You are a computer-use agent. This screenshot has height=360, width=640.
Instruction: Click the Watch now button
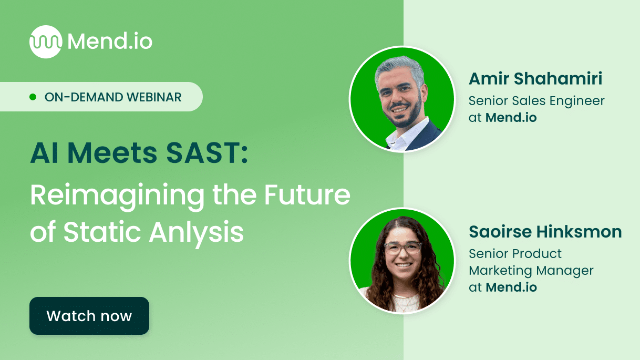[89, 316]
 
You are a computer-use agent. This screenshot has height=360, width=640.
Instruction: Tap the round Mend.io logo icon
[45, 42]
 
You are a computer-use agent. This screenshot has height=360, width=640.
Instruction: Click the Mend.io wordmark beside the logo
[110, 42]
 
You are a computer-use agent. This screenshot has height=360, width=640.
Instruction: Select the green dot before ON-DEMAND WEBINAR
[33, 97]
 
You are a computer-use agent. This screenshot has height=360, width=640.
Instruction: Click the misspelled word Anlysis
[197, 232]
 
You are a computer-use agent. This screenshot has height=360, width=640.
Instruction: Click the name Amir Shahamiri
[535, 79]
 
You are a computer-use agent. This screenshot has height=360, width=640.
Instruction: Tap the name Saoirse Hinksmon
[545, 232]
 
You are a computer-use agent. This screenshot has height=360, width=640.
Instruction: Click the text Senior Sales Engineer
[536, 100]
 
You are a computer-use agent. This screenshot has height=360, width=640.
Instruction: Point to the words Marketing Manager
[531, 271]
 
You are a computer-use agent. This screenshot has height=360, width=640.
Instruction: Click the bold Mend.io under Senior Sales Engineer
[511, 118]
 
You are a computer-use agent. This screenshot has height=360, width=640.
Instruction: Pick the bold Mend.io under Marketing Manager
[511, 287]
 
